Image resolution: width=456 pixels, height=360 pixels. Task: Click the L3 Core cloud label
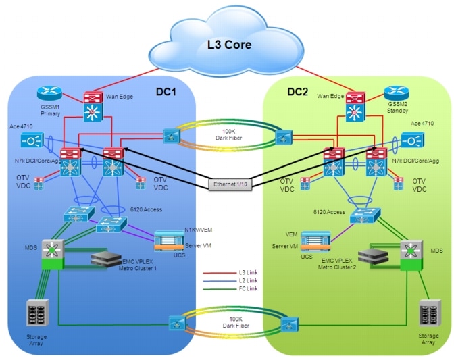coord(229,45)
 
